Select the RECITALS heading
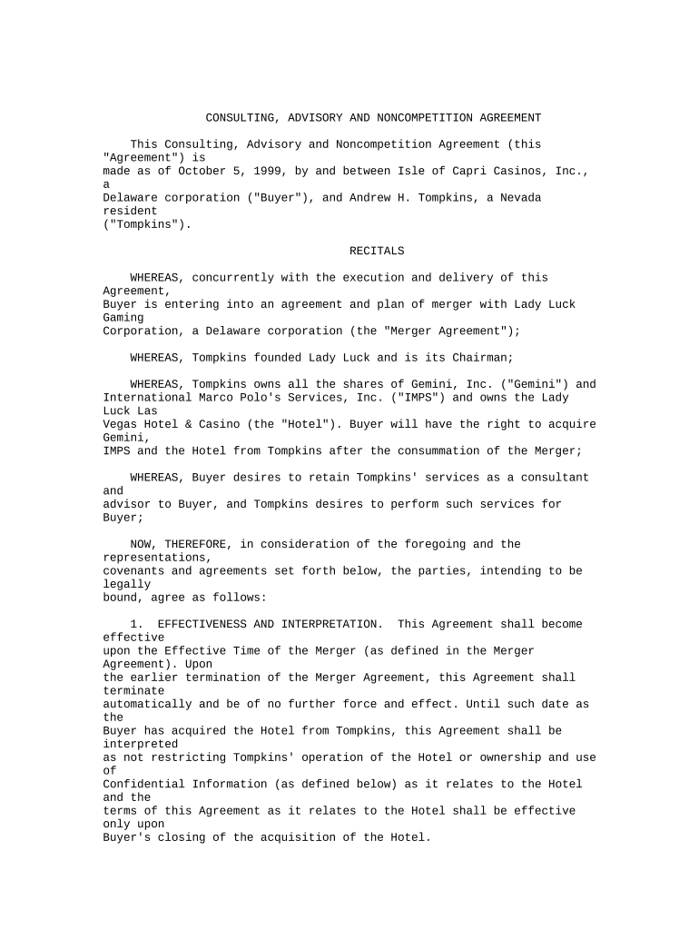(x=377, y=251)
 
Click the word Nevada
(x=520, y=197)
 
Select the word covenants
(x=133, y=571)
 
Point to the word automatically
(x=147, y=704)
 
